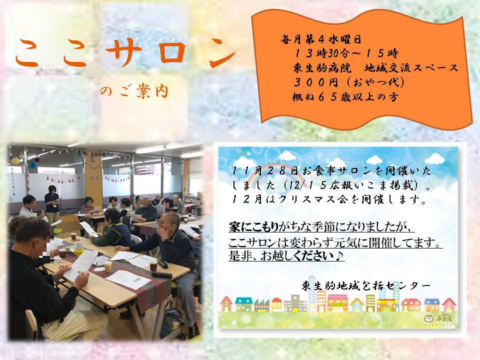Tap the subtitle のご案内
(x=134, y=91)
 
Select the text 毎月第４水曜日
(x=321, y=39)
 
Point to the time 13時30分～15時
(x=346, y=53)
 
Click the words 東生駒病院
(x=322, y=67)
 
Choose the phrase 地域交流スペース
(x=411, y=67)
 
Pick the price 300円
(x=315, y=82)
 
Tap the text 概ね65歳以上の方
(x=345, y=96)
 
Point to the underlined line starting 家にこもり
(x=321, y=227)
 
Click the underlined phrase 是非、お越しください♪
(x=286, y=255)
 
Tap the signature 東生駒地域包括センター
(x=366, y=285)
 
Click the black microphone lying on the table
(x=162, y=274)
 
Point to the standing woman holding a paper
(x=52, y=203)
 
